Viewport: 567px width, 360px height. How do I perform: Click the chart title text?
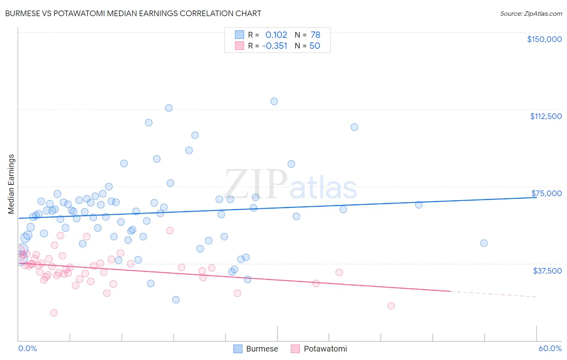[133, 13]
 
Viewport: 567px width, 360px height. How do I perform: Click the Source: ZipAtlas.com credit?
[531, 13]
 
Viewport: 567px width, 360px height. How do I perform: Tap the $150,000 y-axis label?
[544, 39]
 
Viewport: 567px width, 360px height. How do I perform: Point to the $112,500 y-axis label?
[546, 116]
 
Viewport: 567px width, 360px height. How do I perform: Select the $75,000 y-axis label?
[546, 193]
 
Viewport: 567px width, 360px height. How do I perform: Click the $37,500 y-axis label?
[547, 271]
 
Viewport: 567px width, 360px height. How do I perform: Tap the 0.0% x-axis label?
[27, 348]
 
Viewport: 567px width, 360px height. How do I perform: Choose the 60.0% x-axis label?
[550, 348]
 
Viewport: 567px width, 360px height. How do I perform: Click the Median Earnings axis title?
[11, 184]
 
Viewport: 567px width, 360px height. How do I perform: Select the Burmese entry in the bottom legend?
[262, 349]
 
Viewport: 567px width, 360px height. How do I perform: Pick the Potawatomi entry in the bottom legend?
[325, 349]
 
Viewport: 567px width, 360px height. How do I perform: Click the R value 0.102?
[276, 35]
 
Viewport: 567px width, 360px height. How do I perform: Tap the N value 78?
[315, 35]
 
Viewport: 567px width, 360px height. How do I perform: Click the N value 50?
[315, 46]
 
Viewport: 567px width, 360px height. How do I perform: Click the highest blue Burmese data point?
[274, 101]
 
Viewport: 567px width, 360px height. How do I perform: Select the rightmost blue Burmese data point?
[484, 243]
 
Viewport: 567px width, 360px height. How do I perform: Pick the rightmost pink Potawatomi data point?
[391, 306]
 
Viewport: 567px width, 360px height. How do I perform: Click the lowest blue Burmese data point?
[176, 299]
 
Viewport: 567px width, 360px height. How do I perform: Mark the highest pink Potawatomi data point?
[170, 230]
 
